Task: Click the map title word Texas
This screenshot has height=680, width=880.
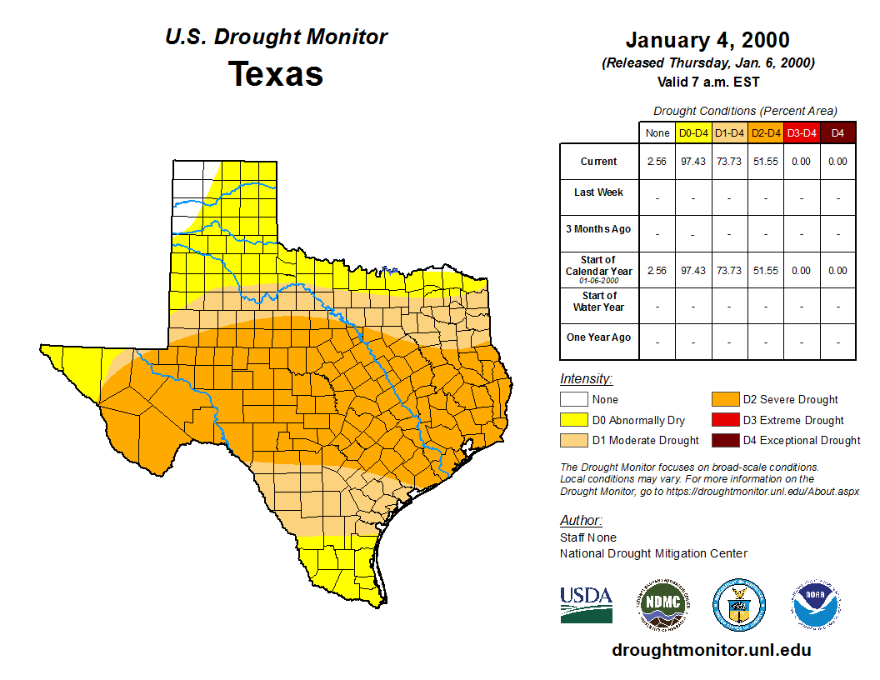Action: pyautogui.click(x=276, y=73)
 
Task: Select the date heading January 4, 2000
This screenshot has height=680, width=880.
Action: pyautogui.click(x=707, y=40)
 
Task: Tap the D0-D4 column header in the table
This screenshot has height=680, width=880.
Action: pyautogui.click(x=693, y=132)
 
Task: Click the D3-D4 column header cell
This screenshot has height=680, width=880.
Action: pyautogui.click(x=801, y=132)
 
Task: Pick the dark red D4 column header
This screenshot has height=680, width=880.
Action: pyautogui.click(x=837, y=132)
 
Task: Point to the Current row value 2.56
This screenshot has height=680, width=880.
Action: pyautogui.click(x=657, y=162)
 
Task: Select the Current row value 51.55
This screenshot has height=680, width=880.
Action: pyautogui.click(x=765, y=162)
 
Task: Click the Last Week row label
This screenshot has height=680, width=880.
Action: pyautogui.click(x=598, y=192)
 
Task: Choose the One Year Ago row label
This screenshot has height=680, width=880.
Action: pyautogui.click(x=598, y=338)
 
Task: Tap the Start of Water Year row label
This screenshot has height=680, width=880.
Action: pyautogui.click(x=599, y=302)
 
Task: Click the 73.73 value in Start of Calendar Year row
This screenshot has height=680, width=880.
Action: pyautogui.click(x=729, y=271)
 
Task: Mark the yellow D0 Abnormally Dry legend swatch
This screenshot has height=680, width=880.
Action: pyautogui.click(x=573, y=420)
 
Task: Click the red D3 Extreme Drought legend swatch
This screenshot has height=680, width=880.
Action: pyautogui.click(x=725, y=420)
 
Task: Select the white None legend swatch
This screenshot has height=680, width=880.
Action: pyautogui.click(x=573, y=400)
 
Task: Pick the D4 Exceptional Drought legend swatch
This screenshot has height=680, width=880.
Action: pyautogui.click(x=725, y=440)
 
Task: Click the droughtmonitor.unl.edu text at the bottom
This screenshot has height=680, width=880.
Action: pyautogui.click(x=712, y=650)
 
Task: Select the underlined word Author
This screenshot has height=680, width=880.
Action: pyautogui.click(x=581, y=521)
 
